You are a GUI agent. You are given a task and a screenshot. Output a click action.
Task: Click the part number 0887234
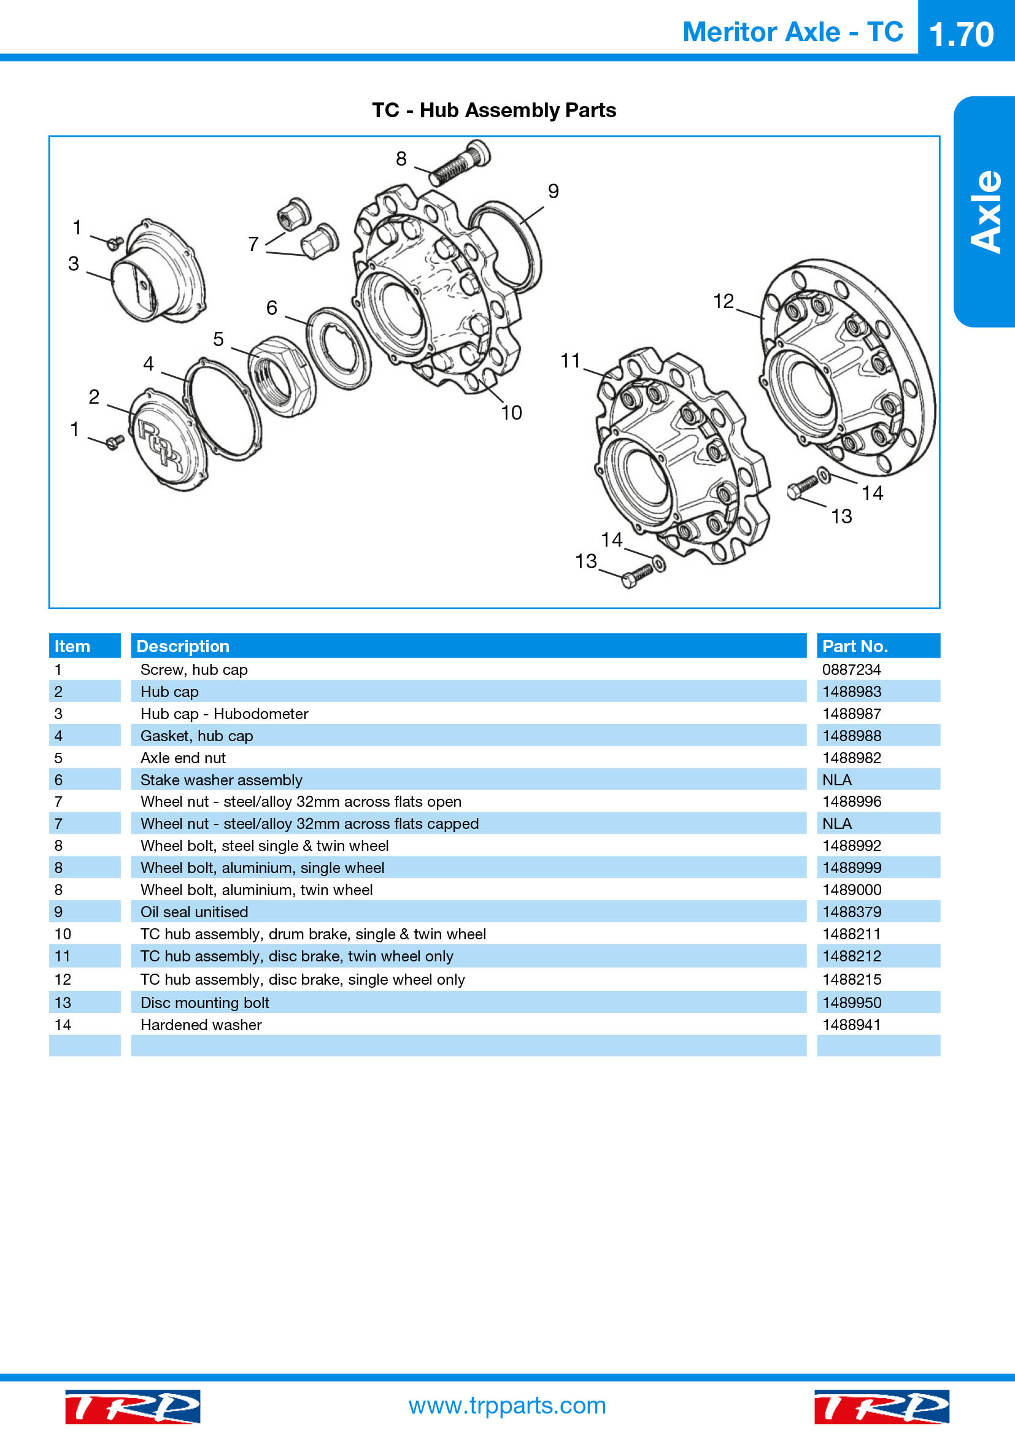point(851,669)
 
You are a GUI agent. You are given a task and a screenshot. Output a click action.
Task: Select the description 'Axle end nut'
point(182,758)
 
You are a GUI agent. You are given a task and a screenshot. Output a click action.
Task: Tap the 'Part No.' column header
point(855,646)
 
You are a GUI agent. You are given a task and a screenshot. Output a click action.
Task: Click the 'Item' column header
point(72,646)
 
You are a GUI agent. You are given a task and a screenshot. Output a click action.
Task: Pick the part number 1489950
point(851,1002)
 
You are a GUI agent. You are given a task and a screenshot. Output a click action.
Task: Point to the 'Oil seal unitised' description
point(195,912)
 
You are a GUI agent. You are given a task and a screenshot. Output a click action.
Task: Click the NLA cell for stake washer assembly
point(837,780)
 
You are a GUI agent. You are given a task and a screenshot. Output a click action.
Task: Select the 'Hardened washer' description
point(201,1025)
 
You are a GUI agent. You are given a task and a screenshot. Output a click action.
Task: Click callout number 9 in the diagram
point(553,191)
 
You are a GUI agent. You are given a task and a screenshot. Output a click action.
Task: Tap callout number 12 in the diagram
point(723,301)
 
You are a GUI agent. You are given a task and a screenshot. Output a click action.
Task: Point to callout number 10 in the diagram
point(511,412)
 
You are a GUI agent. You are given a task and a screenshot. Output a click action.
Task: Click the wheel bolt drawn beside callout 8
point(460,163)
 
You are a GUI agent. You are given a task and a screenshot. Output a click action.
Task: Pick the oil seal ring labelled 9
point(505,248)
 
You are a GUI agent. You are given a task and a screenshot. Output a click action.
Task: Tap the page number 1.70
point(961,34)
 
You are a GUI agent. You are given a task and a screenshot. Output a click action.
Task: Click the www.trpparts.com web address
point(507,1405)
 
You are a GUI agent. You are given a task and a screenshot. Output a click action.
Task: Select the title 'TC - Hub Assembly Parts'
point(494,110)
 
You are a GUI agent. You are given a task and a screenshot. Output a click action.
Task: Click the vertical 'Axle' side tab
point(986,211)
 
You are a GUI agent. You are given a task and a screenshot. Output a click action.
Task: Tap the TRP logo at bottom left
point(133,1406)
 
